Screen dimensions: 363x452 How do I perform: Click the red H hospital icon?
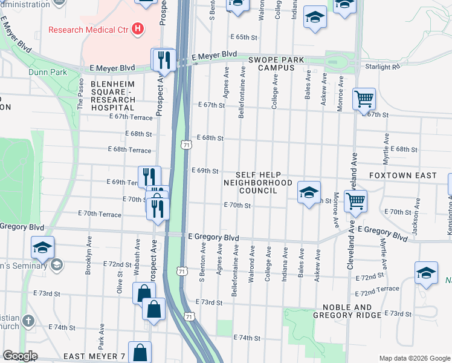[138, 28]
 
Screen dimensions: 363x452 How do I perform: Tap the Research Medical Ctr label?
[89, 29]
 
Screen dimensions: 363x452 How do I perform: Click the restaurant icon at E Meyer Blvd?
[163, 59]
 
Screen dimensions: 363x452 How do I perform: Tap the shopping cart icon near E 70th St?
[356, 200]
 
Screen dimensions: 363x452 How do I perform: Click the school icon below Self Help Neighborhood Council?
[309, 193]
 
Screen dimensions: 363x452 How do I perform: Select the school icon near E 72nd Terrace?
[427, 273]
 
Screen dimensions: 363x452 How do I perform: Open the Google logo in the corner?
[19, 356]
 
